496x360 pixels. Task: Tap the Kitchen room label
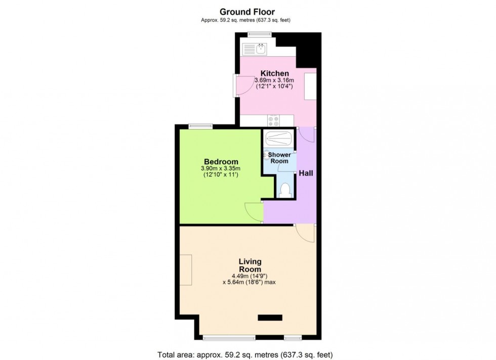[274, 73]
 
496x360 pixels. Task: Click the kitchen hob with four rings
[274, 121]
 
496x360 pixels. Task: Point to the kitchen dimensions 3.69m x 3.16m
[274, 80]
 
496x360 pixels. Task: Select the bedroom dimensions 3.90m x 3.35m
[220, 169]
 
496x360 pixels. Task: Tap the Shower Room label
[279, 158]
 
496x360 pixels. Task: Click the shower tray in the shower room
[277, 138]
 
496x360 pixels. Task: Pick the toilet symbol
[285, 190]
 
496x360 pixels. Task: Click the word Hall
[306, 173]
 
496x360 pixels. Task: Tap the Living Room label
[250, 265]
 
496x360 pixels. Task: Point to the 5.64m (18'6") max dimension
[249, 282]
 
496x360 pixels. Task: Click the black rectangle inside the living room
[269, 318]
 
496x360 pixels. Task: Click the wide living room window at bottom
[229, 337]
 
